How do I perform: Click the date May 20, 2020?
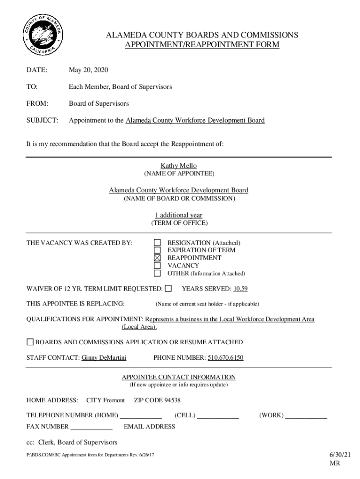point(88,70)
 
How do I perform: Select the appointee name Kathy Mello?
point(179,166)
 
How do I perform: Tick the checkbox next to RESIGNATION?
point(158,243)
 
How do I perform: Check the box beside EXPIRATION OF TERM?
point(158,250)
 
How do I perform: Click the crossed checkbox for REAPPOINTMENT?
point(158,258)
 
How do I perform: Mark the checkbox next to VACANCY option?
point(158,265)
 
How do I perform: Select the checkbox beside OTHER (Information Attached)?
point(158,273)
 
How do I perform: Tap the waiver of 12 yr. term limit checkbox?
point(168,288)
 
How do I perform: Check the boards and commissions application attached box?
point(30,342)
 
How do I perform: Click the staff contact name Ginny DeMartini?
point(104,358)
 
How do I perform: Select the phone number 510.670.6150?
point(225,358)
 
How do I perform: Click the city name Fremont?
point(114,400)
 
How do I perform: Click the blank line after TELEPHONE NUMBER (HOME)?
point(141,416)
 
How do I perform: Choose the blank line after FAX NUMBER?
point(91,427)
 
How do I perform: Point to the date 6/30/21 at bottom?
point(334,454)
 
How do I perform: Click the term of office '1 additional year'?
point(179,215)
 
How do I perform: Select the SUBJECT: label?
point(42,120)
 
